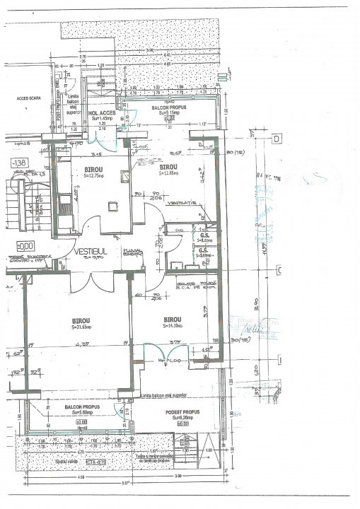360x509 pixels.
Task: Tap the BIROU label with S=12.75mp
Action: coord(95,170)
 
